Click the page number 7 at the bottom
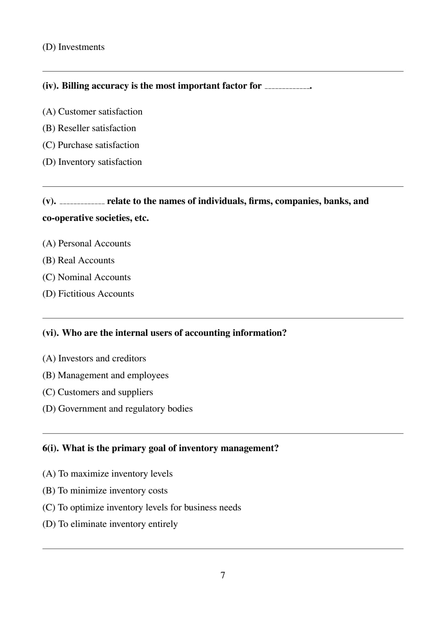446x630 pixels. tap(223, 575)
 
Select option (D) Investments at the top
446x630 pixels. tap(73, 47)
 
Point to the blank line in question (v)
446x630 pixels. tap(82, 203)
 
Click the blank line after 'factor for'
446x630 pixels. tap(287, 88)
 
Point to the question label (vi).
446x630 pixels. tap(51, 333)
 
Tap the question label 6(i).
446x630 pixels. tap(51, 448)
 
